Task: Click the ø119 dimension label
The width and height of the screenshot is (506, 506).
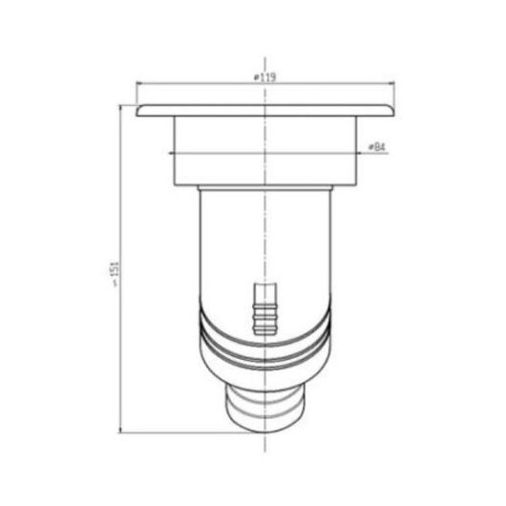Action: tap(264, 77)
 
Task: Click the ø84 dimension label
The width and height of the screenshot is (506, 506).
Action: tap(377, 147)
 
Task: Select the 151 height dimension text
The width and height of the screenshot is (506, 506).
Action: tap(116, 274)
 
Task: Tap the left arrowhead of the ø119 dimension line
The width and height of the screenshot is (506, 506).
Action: tap(139, 83)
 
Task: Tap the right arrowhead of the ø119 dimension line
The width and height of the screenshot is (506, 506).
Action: tap(391, 83)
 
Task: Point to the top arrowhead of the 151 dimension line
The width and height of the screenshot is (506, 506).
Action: tap(120, 109)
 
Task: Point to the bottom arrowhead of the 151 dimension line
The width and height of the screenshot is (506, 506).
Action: tap(120, 430)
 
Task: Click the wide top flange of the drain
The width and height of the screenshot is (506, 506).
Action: tap(265, 111)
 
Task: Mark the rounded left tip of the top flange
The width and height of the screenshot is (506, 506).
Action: tap(137, 112)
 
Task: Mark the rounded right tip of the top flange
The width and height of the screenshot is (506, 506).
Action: tap(393, 112)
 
